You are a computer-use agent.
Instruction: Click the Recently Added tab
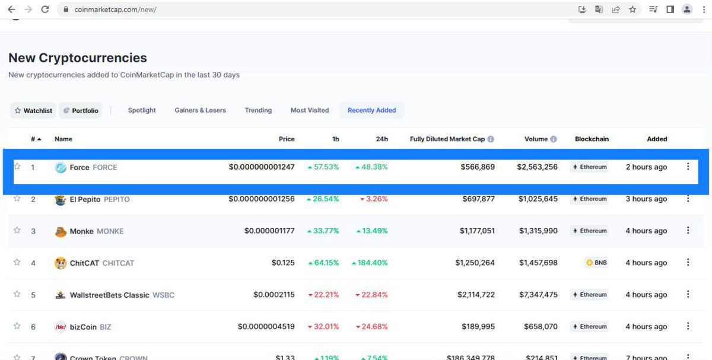371,110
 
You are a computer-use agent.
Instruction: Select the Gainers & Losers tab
200,110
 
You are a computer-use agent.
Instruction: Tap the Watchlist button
33,111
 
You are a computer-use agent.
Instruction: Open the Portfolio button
81,111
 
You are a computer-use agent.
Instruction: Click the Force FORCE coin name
93,167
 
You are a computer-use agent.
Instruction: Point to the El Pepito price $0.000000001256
262,199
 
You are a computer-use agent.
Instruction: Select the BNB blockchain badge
596,263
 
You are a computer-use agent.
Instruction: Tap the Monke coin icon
61,231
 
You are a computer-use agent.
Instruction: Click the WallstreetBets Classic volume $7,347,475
538,295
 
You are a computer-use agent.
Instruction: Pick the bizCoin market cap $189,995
478,327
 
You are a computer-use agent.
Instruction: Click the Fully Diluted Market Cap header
447,139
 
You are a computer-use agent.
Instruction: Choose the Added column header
657,139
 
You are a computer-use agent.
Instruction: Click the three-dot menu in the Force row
688,167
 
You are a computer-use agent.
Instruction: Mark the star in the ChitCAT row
17,262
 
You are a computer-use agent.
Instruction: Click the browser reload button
45,9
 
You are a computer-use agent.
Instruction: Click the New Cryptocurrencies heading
78,58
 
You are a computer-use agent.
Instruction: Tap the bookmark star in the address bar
632,9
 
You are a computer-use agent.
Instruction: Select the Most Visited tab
310,110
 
